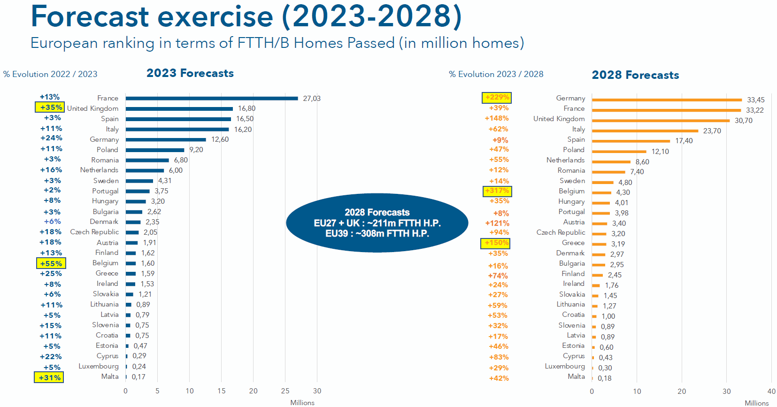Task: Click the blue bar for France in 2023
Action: [x=211, y=98]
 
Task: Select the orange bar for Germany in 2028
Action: [x=667, y=100]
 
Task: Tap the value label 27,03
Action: [x=311, y=99]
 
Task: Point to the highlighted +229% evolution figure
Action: [x=497, y=97]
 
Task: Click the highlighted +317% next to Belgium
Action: [x=497, y=191]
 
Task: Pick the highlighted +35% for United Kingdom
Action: [x=51, y=108]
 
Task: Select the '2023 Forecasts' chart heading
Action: [x=190, y=73]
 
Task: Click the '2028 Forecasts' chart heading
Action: [x=635, y=75]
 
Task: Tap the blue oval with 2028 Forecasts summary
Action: [x=377, y=223]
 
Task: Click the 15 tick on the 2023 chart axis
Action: [x=221, y=391]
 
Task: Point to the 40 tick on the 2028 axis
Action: [x=771, y=391]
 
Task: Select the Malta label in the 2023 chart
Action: [x=110, y=376]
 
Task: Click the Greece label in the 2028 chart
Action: [x=573, y=243]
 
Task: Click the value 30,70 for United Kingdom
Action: [x=743, y=121]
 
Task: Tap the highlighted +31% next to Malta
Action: [x=49, y=377]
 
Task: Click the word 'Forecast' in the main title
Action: [x=90, y=16]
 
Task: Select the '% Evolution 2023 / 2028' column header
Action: [x=496, y=74]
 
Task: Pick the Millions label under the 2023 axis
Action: [x=302, y=402]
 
